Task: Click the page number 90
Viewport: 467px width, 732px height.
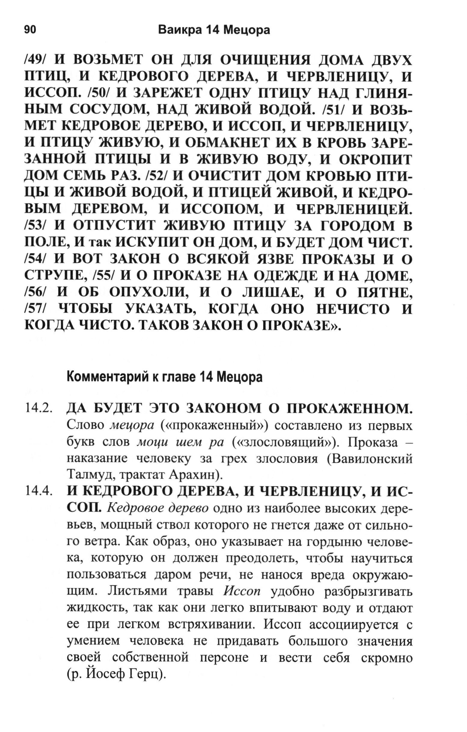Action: click(x=30, y=30)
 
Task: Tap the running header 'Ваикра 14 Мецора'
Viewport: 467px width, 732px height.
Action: click(x=214, y=30)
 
